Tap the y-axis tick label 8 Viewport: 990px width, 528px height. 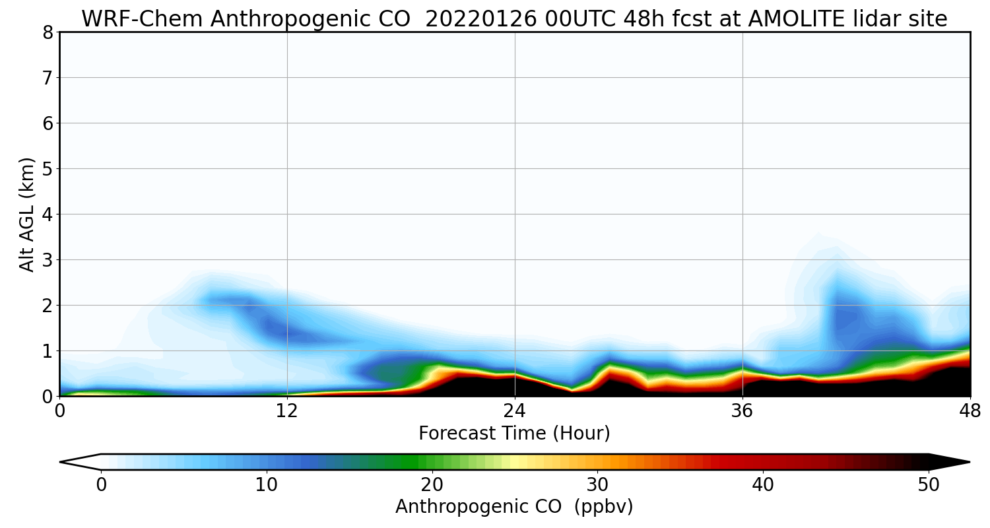(48, 32)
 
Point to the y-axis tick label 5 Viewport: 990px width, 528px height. (48, 169)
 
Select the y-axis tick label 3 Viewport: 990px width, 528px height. (48, 260)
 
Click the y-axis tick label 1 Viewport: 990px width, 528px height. (48, 351)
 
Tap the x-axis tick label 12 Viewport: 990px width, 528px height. (287, 411)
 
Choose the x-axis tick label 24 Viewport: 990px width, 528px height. (515, 411)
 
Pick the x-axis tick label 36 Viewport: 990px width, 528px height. (742, 411)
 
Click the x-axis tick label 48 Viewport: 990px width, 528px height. (970, 411)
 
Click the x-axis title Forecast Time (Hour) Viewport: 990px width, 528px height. (514, 434)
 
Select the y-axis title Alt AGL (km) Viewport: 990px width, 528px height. (27, 214)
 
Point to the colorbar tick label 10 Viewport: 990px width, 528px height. (267, 485)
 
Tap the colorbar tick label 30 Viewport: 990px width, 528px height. (598, 485)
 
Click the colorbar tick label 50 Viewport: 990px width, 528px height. (929, 485)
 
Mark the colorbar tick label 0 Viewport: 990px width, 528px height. (101, 485)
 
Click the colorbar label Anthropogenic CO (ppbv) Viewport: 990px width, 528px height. (514, 507)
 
